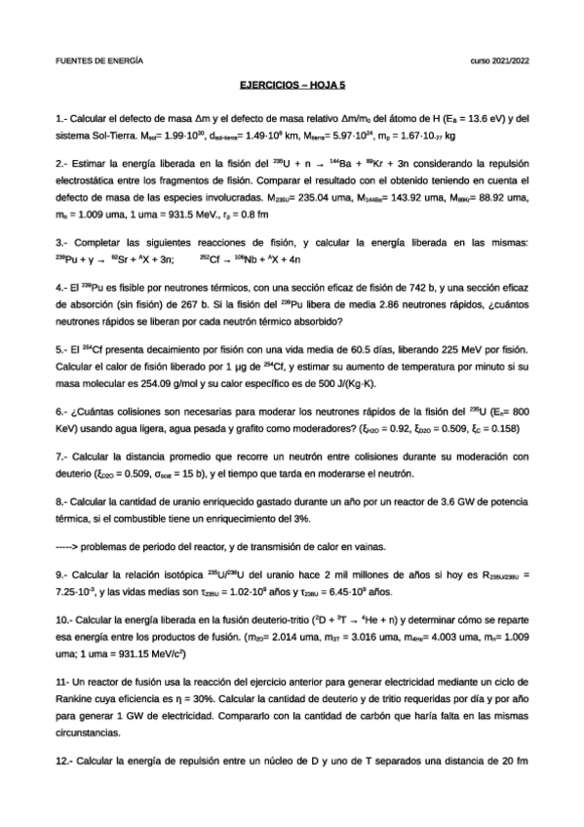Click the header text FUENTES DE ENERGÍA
99,59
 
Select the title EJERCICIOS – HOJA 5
291,86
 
